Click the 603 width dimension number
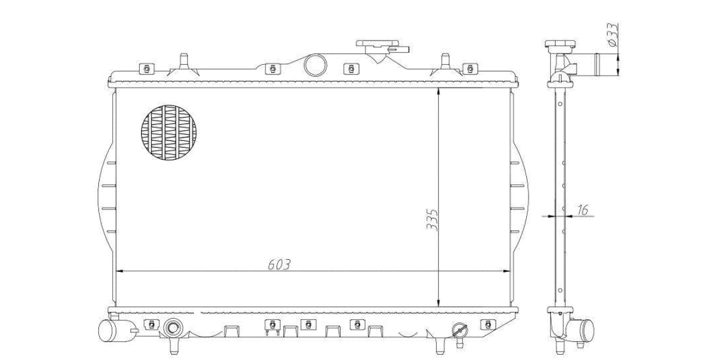(279, 265)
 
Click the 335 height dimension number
(432, 220)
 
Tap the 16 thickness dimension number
(583, 209)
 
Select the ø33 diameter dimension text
(613, 35)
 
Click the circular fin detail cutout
(169, 133)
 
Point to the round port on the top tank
(316, 65)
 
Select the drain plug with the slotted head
(460, 331)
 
